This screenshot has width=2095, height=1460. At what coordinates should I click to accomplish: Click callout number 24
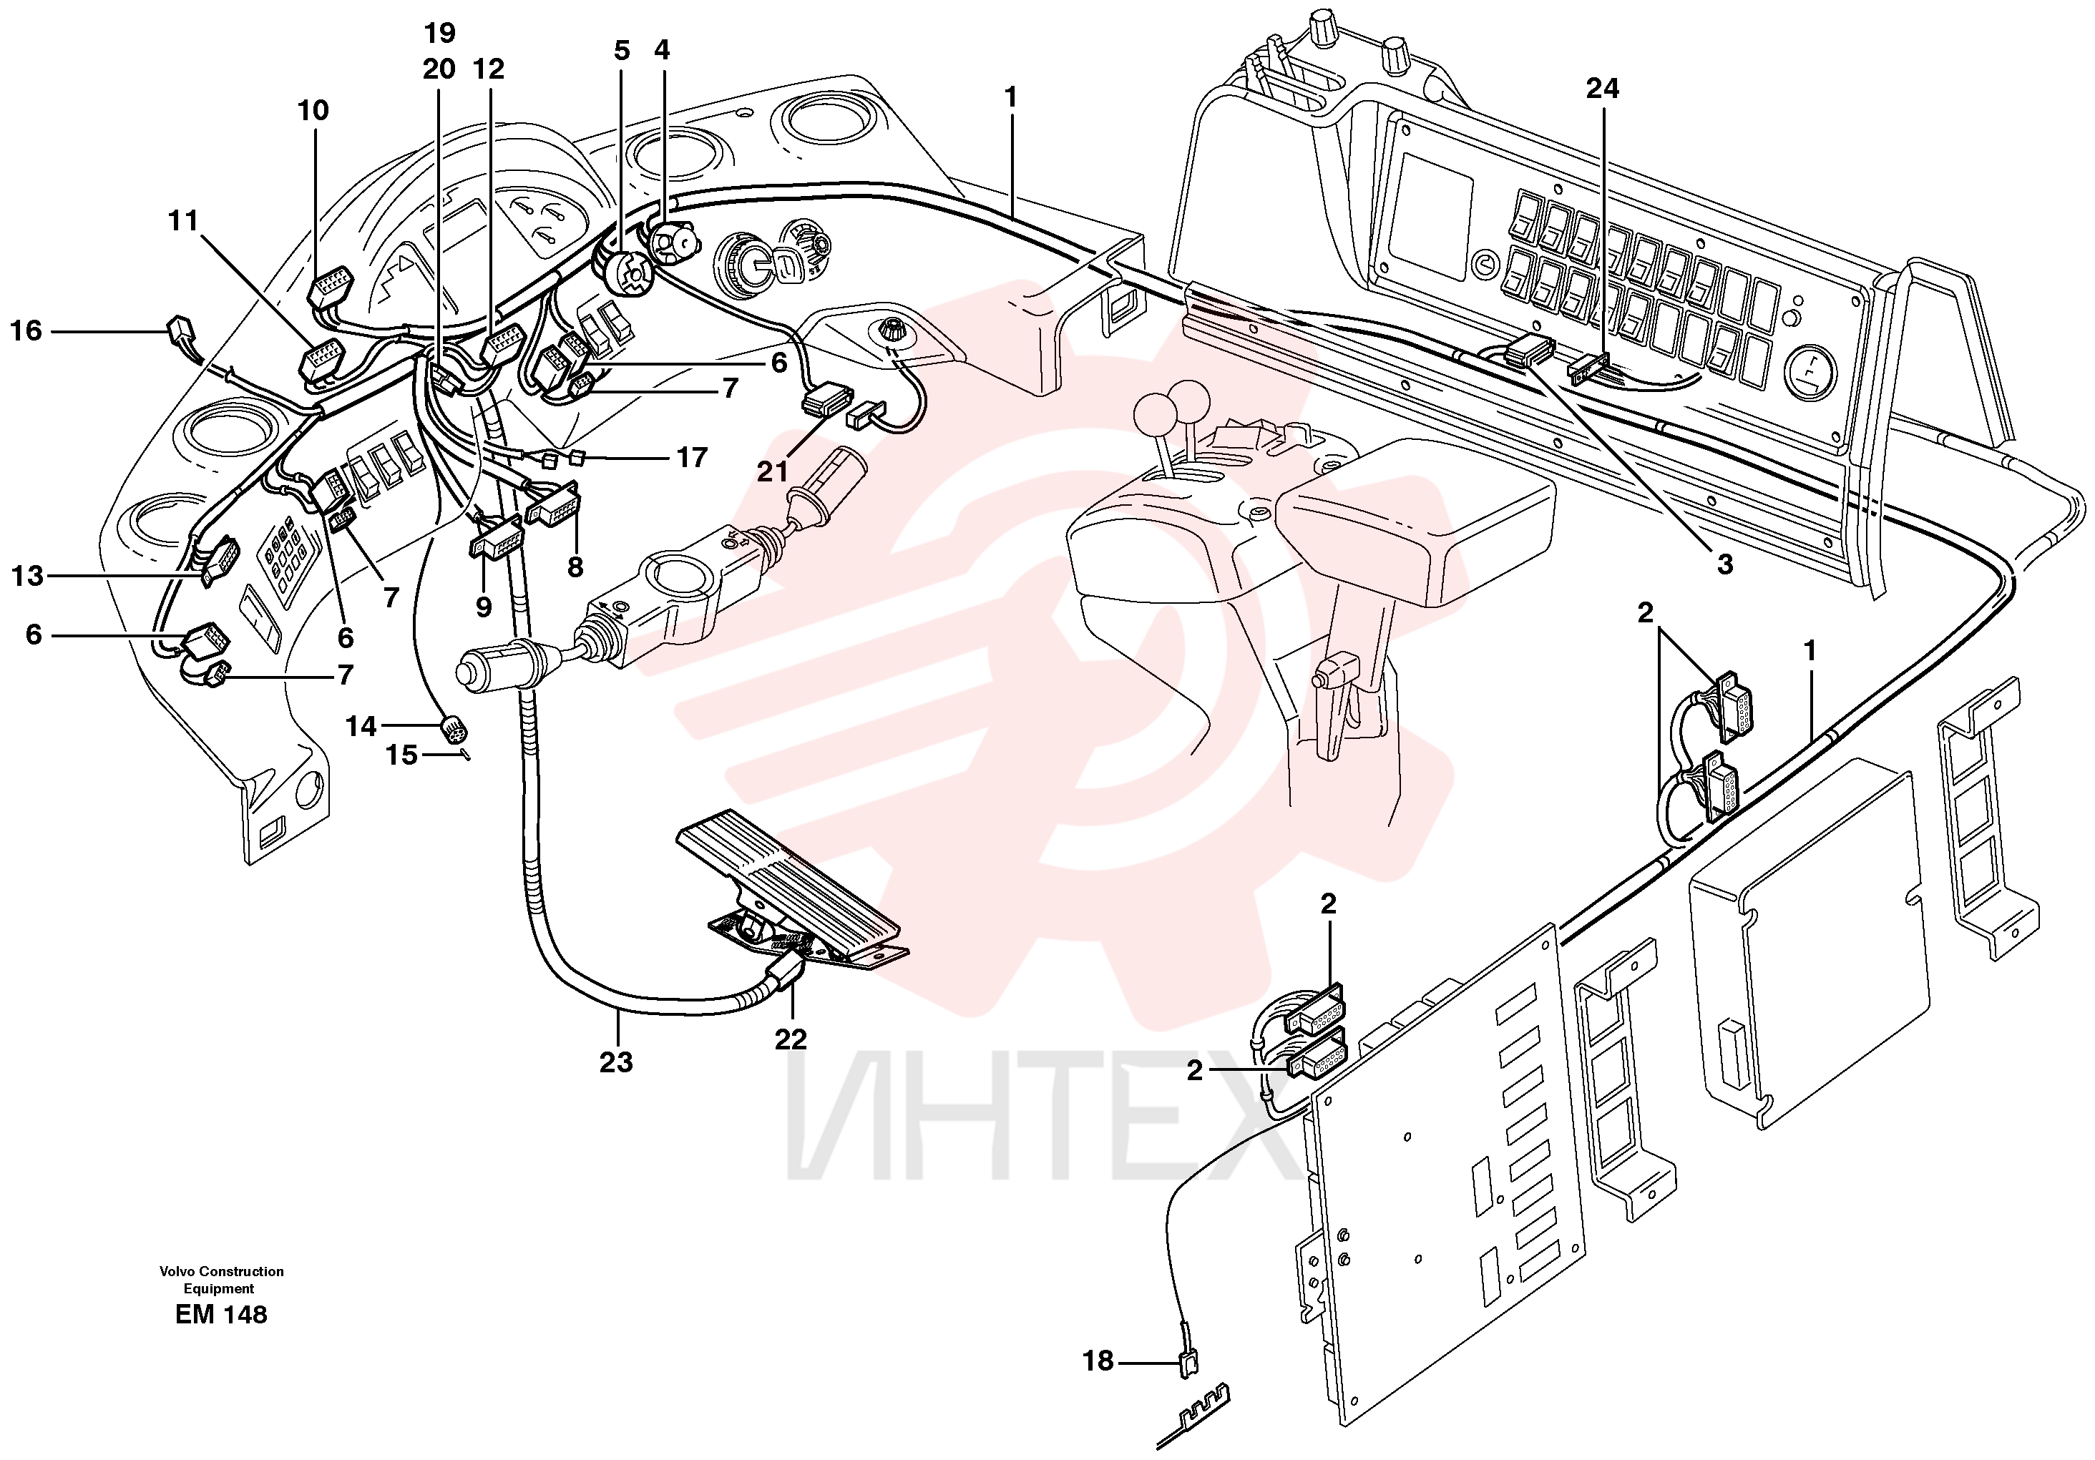click(1602, 89)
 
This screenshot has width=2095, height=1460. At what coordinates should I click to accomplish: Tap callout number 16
click(26, 330)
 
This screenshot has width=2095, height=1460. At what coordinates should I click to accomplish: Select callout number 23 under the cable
click(616, 1062)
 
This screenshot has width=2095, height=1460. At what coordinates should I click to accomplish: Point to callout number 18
click(1098, 1361)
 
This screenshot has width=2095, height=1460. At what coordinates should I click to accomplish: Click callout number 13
click(27, 576)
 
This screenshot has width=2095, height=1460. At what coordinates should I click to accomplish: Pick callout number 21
click(772, 471)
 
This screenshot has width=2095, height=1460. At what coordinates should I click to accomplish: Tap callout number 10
click(313, 110)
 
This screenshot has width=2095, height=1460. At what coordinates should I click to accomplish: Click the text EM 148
click(222, 1314)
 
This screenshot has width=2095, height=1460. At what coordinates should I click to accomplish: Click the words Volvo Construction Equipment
click(222, 1279)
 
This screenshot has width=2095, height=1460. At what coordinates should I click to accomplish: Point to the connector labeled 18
click(1188, 1363)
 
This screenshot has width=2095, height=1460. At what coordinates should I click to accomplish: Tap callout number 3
click(1724, 565)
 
